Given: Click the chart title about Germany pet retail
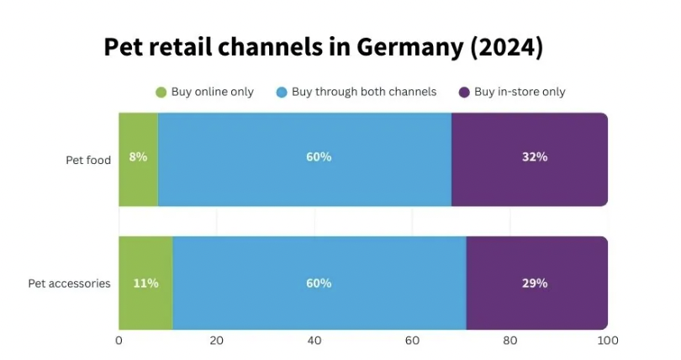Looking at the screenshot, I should point(324,48).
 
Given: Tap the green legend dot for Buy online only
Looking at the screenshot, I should point(161,92).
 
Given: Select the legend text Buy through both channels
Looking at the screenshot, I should point(364,92).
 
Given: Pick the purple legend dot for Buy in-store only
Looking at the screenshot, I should point(463,92).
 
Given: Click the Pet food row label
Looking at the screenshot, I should point(88,160).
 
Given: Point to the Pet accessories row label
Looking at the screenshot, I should point(69,283).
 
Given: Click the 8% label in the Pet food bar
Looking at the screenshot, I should point(138,156).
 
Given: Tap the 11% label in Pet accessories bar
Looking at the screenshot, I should point(145,283).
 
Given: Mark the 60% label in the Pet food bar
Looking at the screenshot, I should point(319,156).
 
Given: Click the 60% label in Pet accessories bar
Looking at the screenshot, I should point(319,283).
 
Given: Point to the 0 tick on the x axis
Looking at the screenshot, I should point(119,341).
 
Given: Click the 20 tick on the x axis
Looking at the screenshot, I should point(216,341).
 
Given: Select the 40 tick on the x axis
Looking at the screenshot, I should point(314,341).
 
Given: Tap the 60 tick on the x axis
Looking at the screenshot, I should point(412,341).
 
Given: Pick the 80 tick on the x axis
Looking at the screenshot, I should point(509,341).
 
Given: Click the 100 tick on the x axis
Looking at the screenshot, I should point(607,341).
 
